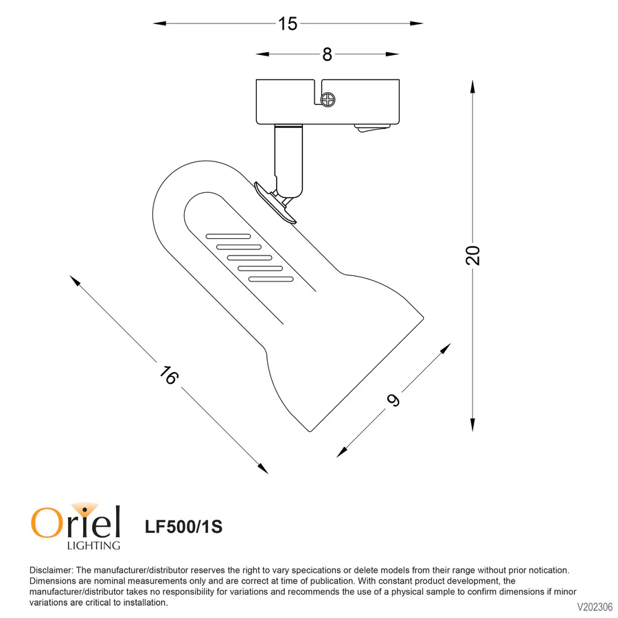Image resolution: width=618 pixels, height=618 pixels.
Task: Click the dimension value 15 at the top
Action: (288, 23)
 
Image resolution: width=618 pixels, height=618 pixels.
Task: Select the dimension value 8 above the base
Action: (327, 54)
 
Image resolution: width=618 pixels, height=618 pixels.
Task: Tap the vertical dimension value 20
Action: (473, 255)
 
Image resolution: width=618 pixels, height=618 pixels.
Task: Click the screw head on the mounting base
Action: (329, 100)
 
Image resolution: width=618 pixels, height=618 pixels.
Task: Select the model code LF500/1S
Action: (183, 527)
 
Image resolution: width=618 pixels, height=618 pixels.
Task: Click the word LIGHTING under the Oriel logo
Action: (93, 545)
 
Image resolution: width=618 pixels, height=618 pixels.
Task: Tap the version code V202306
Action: (595, 607)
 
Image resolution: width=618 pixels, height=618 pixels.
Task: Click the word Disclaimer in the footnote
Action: (51, 570)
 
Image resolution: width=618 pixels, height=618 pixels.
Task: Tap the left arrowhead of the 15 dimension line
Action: (157, 23)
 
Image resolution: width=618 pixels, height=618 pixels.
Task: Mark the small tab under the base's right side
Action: (371, 128)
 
